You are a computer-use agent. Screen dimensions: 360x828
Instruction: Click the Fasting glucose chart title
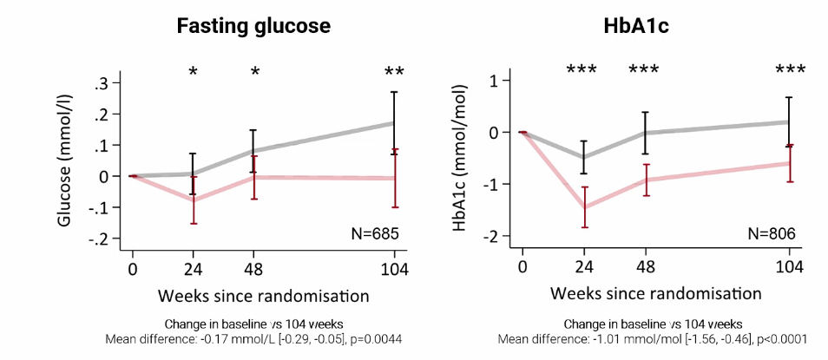(253, 26)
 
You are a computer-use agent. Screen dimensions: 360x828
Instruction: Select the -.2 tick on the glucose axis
(108, 238)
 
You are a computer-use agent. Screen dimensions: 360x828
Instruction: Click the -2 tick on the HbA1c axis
(499, 236)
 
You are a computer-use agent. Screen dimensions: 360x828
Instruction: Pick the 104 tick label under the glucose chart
(395, 266)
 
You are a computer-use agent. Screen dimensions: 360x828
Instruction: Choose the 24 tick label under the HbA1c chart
(584, 266)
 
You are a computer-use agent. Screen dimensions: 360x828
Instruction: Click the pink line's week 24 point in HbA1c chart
(584, 207)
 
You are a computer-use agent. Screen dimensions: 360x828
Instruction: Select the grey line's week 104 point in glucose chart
(395, 123)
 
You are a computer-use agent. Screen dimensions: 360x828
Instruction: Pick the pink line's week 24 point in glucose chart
(193, 200)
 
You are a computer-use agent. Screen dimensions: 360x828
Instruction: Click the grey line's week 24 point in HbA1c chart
(584, 158)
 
